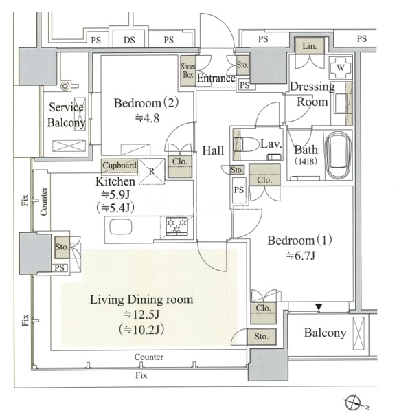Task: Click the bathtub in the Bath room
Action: click(339, 155)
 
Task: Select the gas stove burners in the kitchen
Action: click(176, 226)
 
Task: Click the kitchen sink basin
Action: click(121, 227)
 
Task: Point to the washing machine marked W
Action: click(341, 67)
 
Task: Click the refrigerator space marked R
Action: click(152, 172)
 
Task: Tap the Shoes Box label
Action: click(188, 71)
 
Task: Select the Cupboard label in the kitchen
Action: click(119, 166)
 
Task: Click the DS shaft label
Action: click(129, 40)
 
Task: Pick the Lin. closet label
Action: click(309, 46)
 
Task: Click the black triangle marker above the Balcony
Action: click(319, 307)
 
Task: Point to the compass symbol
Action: click(353, 402)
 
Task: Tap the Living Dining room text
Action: click(141, 300)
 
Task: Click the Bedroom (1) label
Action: click(299, 241)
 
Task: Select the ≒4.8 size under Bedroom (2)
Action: click(147, 118)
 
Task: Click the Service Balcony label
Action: click(66, 115)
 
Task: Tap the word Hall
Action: click(213, 150)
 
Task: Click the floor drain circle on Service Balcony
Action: click(65, 86)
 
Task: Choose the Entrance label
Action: click(216, 78)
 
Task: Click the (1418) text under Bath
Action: click(306, 161)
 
